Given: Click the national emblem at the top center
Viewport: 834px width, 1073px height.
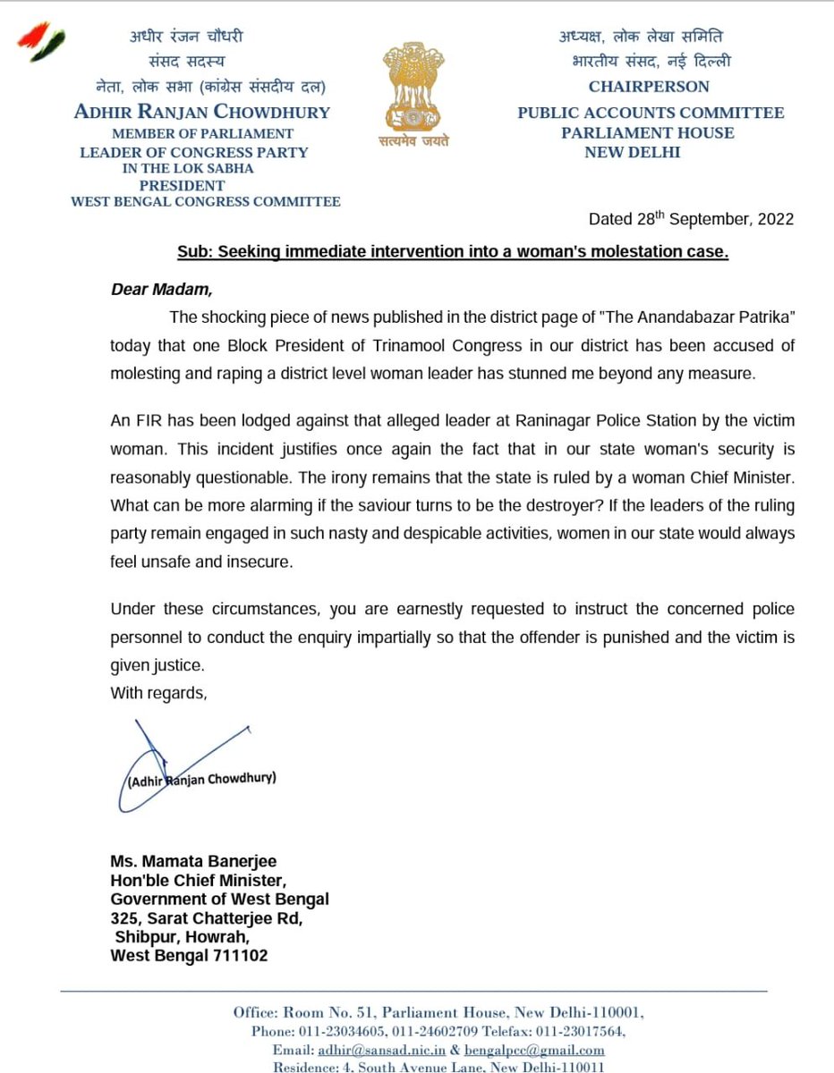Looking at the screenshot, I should [417, 85].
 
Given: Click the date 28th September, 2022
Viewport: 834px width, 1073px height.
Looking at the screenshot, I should [691, 219].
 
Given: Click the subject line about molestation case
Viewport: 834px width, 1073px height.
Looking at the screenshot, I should [452, 253].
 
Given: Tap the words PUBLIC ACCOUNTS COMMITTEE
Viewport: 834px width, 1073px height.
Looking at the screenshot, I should [651, 113].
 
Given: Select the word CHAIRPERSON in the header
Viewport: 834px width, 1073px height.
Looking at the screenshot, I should [648, 87].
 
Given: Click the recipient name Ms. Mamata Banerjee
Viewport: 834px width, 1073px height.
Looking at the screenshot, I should [193, 860].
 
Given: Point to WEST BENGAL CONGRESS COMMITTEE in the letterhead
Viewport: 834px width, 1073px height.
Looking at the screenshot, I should [205, 202].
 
